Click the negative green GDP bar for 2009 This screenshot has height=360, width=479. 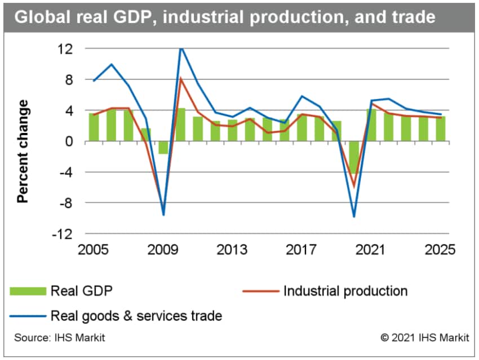(x=163, y=147)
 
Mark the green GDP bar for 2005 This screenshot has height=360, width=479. (x=94, y=127)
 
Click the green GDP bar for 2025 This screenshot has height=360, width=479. (x=440, y=129)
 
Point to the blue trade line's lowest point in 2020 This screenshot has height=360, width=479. (x=354, y=216)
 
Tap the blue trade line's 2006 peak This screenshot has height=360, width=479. (x=112, y=64)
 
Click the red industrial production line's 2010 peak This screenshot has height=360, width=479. (x=181, y=78)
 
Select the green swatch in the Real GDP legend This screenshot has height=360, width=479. (x=28, y=291)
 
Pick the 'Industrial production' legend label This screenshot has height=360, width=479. (x=345, y=291)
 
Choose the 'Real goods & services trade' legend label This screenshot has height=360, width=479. (x=136, y=316)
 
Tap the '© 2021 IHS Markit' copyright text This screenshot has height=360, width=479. (x=425, y=338)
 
